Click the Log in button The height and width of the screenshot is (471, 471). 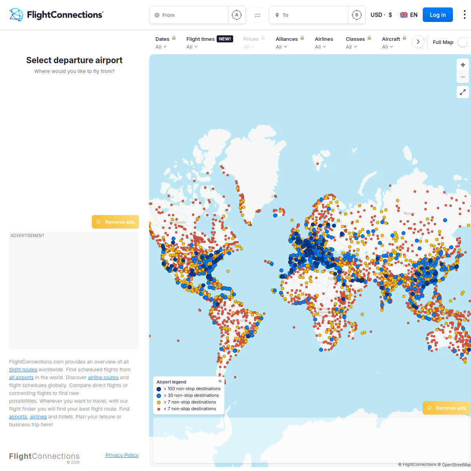point(437,15)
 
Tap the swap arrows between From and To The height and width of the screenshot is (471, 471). point(257,15)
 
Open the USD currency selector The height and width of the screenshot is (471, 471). point(381,15)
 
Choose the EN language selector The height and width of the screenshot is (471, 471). point(409,15)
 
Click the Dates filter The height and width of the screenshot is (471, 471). point(162,43)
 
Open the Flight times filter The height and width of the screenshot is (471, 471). point(200,43)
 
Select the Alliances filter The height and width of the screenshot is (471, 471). point(287,43)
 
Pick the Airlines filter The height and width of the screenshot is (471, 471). point(324,43)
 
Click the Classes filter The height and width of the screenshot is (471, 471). point(355,43)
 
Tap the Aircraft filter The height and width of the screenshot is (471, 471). point(391,43)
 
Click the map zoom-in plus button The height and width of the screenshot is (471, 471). point(463,65)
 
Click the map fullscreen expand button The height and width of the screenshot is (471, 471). point(463,92)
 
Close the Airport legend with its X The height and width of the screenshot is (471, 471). point(220,381)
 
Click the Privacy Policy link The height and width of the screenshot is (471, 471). point(122,455)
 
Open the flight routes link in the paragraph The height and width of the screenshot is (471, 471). point(23,370)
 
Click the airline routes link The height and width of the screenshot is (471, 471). point(103,378)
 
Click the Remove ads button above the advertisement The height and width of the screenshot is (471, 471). point(115,222)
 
